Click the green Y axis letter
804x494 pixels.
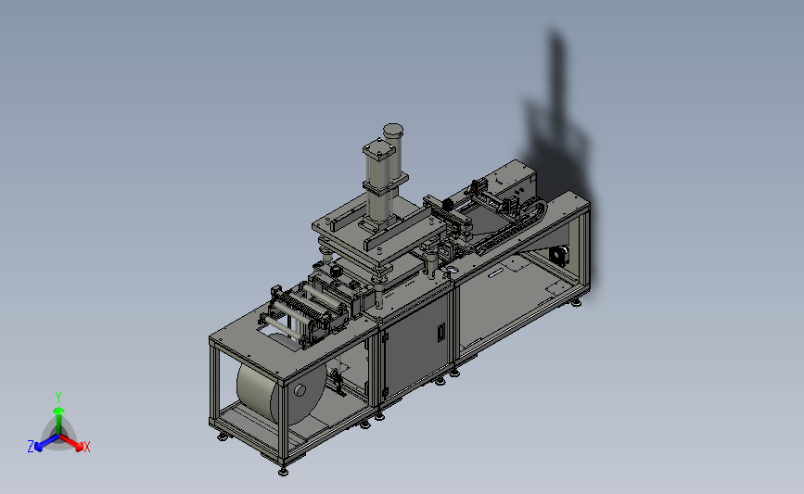tap(58, 398)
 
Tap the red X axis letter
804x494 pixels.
tap(86, 447)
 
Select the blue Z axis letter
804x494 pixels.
tap(31, 447)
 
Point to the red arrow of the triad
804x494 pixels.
tap(71, 443)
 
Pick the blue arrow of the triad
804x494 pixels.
tap(46, 443)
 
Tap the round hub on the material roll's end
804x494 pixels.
tap(300, 391)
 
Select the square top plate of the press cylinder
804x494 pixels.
tap(379, 149)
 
